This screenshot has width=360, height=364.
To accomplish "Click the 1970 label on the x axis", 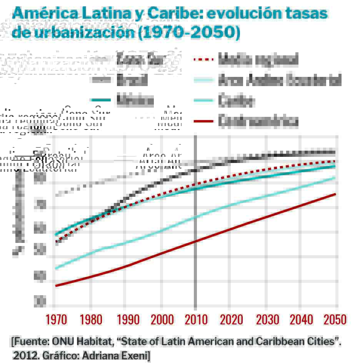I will tap(56, 319).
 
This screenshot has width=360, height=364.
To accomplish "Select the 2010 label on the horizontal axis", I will tap(196, 319).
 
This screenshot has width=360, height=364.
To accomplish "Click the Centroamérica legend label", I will tap(258, 121).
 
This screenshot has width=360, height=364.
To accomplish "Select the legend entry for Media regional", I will tap(258, 60).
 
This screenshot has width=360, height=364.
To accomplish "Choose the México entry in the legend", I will tap(135, 101).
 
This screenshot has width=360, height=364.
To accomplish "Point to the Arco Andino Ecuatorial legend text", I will tap(280, 80).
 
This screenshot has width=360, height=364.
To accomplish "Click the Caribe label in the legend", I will tap(236, 101).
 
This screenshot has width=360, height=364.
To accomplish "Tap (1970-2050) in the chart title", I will tap(189, 33).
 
